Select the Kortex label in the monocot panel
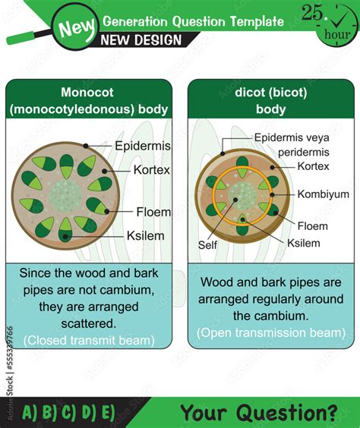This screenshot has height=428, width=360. point(153,170)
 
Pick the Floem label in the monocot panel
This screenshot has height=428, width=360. point(153,212)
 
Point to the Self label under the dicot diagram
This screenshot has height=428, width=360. point(207,245)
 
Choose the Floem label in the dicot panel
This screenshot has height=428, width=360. point(313,225)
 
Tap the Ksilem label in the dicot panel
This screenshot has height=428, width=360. point(304,243)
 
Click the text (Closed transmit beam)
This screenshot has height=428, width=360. point(88,340)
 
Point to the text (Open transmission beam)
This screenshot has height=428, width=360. point(271,332)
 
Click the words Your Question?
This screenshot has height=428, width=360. point(259,412)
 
